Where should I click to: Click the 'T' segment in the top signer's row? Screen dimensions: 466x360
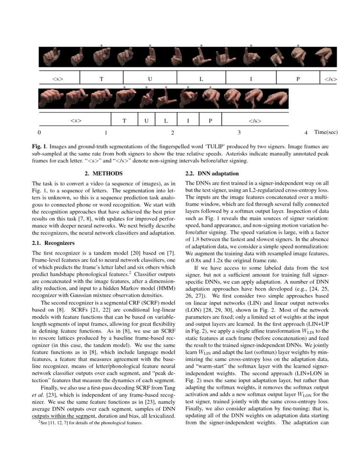[101, 79]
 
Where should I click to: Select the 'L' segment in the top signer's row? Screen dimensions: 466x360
[201, 79]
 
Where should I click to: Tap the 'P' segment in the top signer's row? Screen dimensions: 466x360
[298, 79]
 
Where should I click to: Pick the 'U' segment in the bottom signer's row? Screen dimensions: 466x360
[147, 121]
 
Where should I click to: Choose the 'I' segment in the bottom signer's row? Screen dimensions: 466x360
[188, 121]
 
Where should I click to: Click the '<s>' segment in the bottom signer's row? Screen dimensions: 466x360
[75, 121]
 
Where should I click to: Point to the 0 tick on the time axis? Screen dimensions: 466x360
[39, 133]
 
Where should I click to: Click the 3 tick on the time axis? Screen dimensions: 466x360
[239, 133]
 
